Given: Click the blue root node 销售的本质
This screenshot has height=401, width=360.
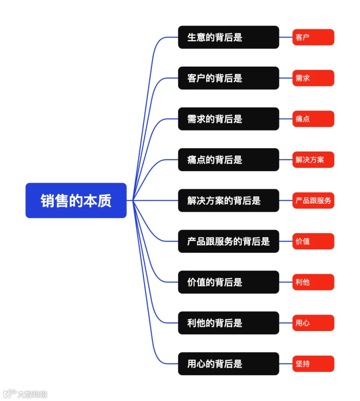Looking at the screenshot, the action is tap(76, 201).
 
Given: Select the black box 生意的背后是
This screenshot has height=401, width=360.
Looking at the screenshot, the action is tap(228, 37).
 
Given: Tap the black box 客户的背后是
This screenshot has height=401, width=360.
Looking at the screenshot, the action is tap(228, 78).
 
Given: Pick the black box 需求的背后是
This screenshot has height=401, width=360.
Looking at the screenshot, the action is tap(228, 119).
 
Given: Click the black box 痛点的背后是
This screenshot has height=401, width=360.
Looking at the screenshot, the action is tap(228, 160).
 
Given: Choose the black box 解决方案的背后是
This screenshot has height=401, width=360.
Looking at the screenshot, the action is tap(228, 201).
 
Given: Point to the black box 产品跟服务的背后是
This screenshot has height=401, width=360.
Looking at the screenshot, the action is tap(228, 241).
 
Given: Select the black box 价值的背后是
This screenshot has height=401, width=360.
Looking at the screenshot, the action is tap(228, 282).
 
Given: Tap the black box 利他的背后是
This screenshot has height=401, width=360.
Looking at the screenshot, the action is tap(228, 323).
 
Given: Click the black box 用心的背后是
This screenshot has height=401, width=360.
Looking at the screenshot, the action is tap(228, 364).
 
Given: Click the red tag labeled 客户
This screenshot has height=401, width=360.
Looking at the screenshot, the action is tap(313, 37).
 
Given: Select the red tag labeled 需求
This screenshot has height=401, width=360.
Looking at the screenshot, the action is tap(313, 78).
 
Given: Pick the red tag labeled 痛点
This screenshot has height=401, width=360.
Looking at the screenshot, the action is tap(313, 119).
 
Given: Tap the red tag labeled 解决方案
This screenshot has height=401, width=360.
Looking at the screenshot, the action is tap(313, 160).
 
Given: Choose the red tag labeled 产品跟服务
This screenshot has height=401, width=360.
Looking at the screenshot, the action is tap(313, 201).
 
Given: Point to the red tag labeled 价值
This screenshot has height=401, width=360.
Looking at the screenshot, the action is tap(313, 241).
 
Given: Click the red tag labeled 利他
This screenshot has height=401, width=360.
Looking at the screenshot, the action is tap(313, 282).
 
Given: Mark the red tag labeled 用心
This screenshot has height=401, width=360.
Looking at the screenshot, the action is tap(313, 323).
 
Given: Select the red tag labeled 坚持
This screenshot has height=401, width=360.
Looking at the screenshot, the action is tap(313, 364).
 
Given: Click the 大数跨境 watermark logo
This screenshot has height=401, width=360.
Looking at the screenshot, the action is tap(25, 394).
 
